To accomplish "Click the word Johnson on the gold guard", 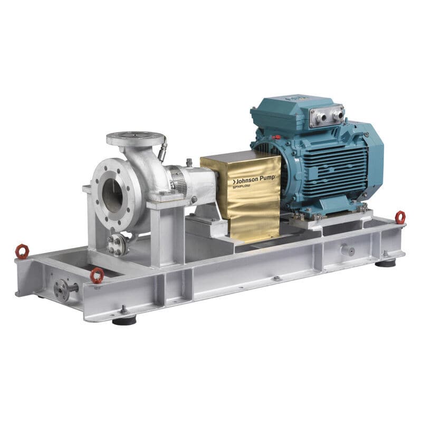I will click(x=247, y=180).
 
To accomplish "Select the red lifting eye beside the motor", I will click(x=400, y=216).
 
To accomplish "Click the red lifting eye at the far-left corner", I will click(x=22, y=251).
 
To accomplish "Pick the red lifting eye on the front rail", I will click(x=97, y=275).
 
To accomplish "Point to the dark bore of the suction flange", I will click(x=112, y=195).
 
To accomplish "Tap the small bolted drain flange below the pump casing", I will click(x=117, y=243).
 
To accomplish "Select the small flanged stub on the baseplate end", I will click(x=63, y=290).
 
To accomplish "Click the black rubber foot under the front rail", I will click(x=124, y=319).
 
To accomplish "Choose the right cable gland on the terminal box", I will click(x=338, y=113).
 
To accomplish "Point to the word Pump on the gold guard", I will click(x=267, y=179).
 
